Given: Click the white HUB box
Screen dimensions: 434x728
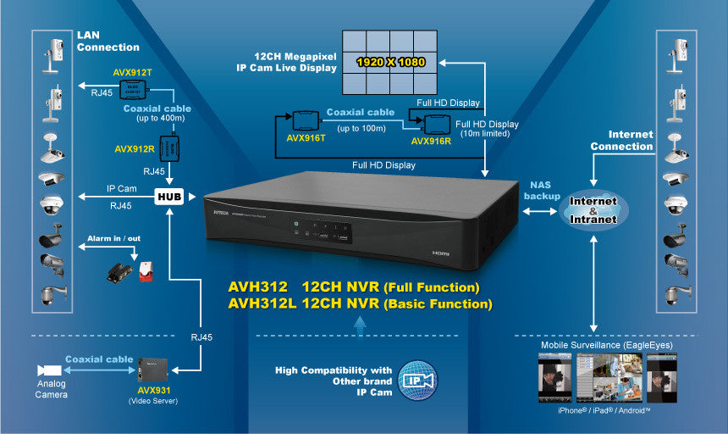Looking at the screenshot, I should (x=168, y=197).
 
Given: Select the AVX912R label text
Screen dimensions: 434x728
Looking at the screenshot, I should (x=135, y=149).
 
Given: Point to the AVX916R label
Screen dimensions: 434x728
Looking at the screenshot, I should (x=432, y=142).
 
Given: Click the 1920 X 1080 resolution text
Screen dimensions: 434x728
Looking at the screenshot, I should (x=391, y=62).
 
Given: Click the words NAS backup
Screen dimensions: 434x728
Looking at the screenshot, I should (x=543, y=190).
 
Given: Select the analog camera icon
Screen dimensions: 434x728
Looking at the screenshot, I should (x=49, y=370).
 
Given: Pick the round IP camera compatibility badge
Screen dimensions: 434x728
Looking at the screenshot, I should (x=417, y=380).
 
